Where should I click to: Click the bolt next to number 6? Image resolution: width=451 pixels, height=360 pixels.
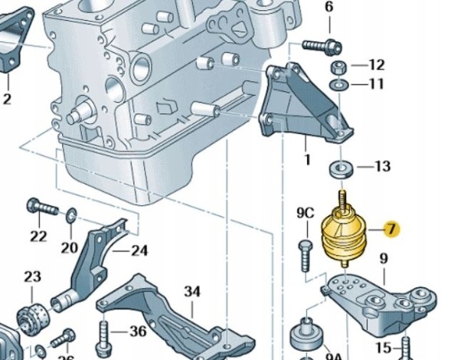point(320,45)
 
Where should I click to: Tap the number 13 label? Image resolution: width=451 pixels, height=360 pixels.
point(382,166)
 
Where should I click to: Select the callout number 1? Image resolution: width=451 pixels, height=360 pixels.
point(307,160)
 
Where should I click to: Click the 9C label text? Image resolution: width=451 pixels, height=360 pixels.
point(306,212)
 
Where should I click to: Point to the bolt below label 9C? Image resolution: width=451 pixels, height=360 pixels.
point(306,254)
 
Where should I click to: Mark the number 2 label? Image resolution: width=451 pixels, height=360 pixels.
point(7,99)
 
